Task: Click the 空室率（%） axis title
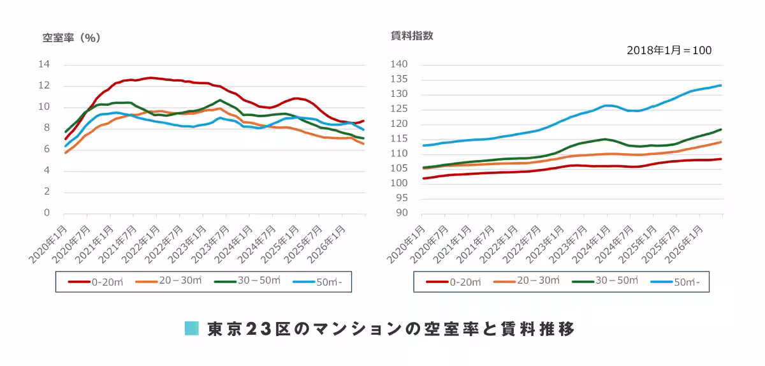pyautogui.click(x=71, y=38)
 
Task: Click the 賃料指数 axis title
pyautogui.click(x=412, y=36)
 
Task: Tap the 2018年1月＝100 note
pyautogui.click(x=669, y=50)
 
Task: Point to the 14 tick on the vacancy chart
pyautogui.click(x=44, y=64)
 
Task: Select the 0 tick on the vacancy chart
pyautogui.click(x=47, y=212)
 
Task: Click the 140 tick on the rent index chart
pyautogui.click(x=399, y=64)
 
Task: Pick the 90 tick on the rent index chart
pyautogui.click(x=402, y=212)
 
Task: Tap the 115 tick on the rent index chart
pyautogui.click(x=399, y=138)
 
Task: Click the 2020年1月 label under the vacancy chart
pyautogui.click(x=48, y=244)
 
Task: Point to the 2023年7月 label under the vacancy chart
pyautogui.click(x=210, y=244)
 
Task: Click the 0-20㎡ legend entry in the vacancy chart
pyautogui.click(x=96, y=282)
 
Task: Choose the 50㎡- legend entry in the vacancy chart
pyautogui.click(x=317, y=282)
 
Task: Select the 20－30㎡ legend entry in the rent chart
pyautogui.click(x=527, y=281)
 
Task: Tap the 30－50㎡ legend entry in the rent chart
pyautogui.click(x=605, y=281)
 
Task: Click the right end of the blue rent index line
pyautogui.click(x=721, y=85)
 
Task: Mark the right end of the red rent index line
pyautogui.click(x=721, y=159)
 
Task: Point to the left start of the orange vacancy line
pyautogui.click(x=65, y=153)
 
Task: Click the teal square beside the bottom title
pyautogui.click(x=192, y=328)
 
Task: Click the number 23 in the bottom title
pyautogui.click(x=259, y=329)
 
